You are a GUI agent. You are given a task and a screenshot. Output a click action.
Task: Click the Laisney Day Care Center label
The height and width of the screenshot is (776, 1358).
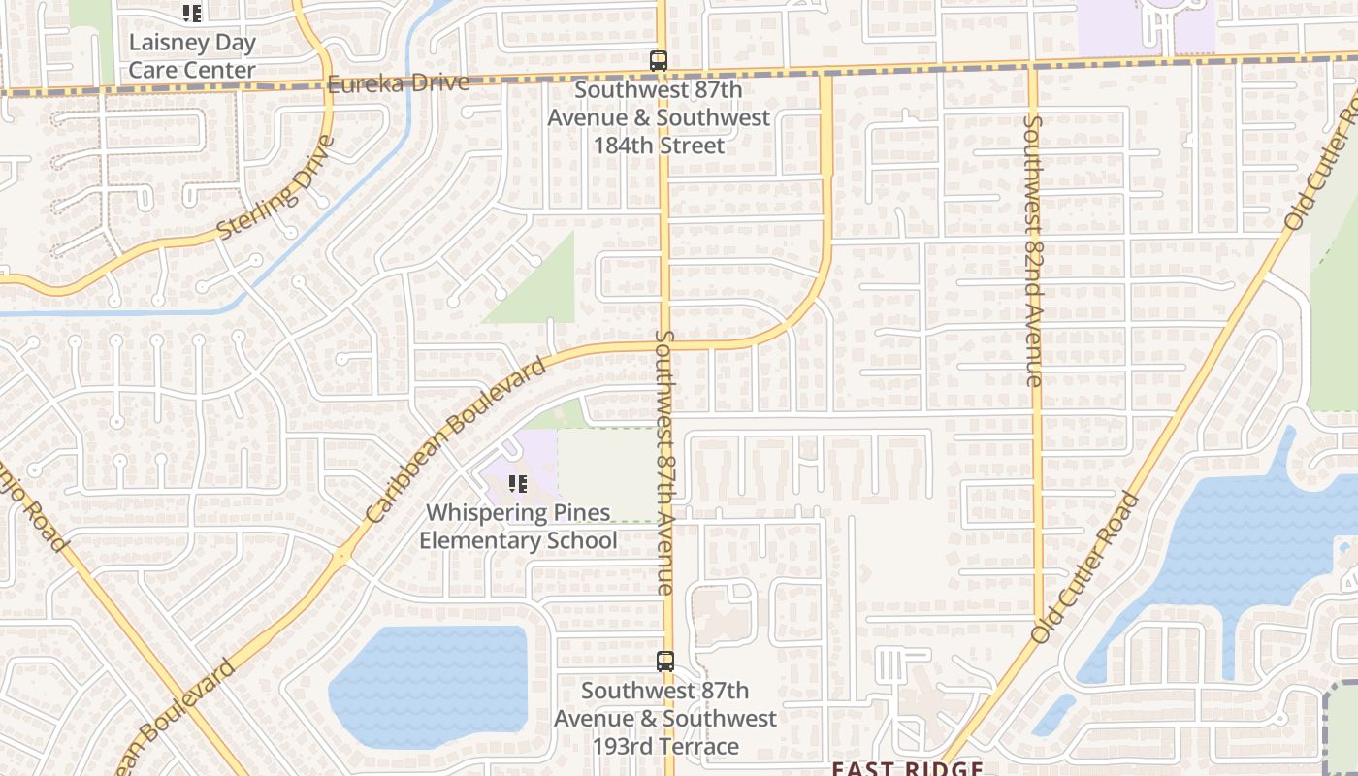[x=192, y=56]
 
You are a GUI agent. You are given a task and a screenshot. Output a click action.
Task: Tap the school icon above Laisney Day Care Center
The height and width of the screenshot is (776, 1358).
[x=192, y=14]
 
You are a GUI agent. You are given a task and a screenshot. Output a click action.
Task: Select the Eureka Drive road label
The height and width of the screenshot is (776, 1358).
[x=398, y=82]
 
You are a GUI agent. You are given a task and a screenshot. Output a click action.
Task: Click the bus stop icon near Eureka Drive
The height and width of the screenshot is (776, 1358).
[x=659, y=61]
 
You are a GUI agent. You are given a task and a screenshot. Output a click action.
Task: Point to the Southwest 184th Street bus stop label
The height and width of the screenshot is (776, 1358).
[x=660, y=117]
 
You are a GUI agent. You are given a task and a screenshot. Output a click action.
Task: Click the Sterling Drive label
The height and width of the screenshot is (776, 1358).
[x=276, y=187]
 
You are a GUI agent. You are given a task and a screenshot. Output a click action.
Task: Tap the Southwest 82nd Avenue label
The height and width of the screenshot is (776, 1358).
[x=1034, y=250]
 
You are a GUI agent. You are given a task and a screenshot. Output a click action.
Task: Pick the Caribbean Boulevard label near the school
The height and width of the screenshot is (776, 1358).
[x=457, y=441]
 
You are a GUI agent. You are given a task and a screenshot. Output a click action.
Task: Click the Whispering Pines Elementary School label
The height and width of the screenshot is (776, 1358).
[x=518, y=526]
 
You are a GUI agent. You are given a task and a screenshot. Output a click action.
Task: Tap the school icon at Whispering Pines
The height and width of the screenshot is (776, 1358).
[x=518, y=483]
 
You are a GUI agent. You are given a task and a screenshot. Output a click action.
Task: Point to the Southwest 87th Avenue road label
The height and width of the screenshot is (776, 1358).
[x=664, y=462]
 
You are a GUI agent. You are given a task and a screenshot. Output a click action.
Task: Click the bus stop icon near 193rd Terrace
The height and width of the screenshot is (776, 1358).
[x=665, y=662]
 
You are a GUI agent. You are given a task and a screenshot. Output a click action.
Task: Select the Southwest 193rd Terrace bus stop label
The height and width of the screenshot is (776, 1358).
[x=665, y=719]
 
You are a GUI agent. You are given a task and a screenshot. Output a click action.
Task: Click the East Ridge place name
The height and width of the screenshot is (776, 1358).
[x=907, y=768]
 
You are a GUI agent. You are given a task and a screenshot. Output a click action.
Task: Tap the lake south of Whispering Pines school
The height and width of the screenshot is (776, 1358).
[x=427, y=684]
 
